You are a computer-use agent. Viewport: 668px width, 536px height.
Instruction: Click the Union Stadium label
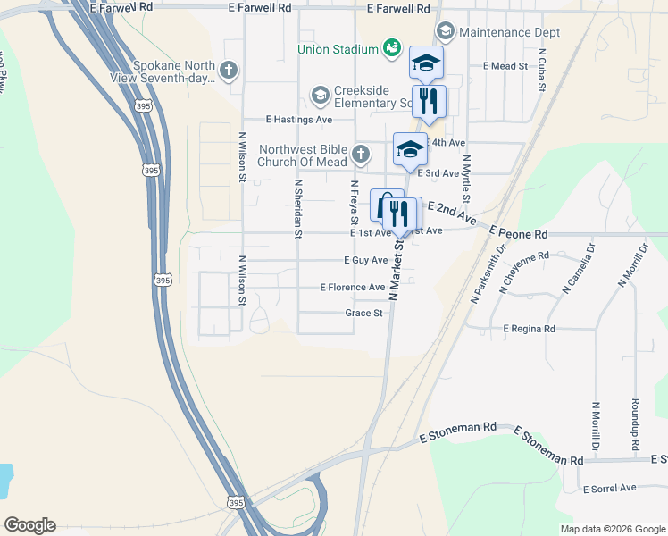pos(338,47)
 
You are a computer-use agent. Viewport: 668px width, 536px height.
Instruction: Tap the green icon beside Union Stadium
pos(391,47)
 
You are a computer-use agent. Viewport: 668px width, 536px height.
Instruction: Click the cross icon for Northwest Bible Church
pos(360,155)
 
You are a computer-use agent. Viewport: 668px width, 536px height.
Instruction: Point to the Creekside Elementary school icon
pos(320,95)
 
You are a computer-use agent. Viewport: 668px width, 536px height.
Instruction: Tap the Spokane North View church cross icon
pos(229,70)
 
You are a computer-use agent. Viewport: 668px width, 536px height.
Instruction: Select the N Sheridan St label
pos(299,207)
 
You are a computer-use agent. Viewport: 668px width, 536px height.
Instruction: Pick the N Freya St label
pos(355,203)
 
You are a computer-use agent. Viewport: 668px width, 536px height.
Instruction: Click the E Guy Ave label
pos(366,260)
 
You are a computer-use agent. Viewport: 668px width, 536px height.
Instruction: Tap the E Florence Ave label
pos(353,288)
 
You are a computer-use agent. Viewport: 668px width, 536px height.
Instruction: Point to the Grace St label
pos(363,314)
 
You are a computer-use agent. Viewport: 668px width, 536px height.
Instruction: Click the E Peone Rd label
pos(519,234)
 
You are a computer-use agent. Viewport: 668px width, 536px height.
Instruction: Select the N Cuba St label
pos(541,71)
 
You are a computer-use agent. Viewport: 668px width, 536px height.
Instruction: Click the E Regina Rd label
pos(529,329)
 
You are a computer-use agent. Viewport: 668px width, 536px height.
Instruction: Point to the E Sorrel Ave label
pos(609,488)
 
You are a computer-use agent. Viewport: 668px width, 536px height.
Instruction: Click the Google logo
pos(29,525)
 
